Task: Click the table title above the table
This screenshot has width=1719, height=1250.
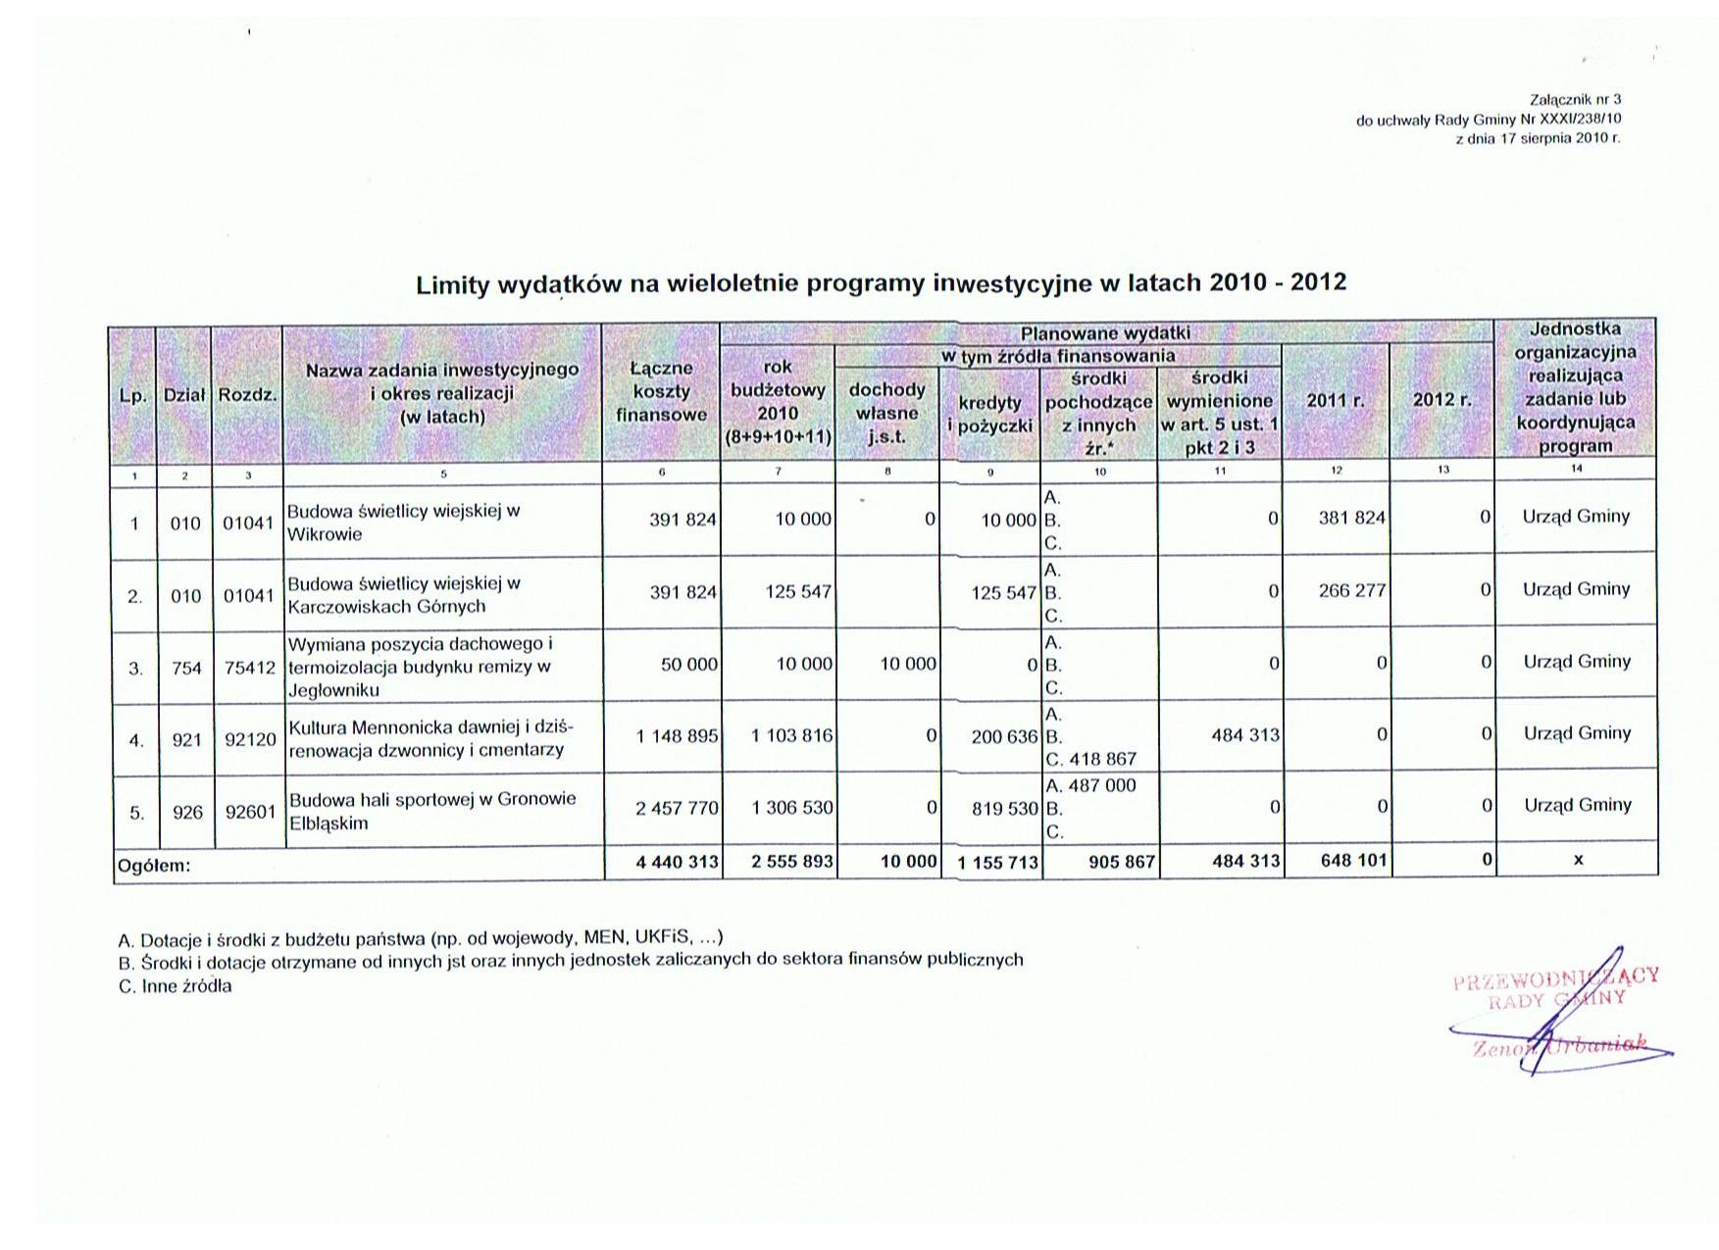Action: coord(881,283)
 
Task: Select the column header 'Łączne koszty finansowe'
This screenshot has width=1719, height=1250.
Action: coord(661,391)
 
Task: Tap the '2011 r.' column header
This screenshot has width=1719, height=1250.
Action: coord(1335,401)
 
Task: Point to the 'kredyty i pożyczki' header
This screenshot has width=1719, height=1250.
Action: coord(989,414)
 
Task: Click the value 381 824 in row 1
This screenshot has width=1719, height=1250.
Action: coord(1351,518)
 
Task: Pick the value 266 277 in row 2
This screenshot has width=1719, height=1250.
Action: coord(1351,591)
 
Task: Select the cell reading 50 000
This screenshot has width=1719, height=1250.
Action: coord(688,664)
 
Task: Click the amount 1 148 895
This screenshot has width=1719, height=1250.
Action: coord(677,736)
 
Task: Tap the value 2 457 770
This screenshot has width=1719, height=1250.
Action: coord(677,809)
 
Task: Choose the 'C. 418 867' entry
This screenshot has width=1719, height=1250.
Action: coord(1090,759)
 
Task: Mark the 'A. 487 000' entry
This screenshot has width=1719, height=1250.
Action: coord(1090,785)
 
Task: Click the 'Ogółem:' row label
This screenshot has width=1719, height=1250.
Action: coord(154,866)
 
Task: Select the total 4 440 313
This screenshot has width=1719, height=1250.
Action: coord(677,862)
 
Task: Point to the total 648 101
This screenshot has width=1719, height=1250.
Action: coord(1353,861)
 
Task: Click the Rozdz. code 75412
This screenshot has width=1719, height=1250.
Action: coord(249,669)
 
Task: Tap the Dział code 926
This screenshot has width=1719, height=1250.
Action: coord(186,813)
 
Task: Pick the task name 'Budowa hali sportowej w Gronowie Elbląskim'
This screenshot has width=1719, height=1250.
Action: coord(432,811)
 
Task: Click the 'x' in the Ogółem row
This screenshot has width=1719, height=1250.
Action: coord(1578,860)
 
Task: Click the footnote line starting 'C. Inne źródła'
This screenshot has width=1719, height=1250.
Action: coord(176,986)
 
